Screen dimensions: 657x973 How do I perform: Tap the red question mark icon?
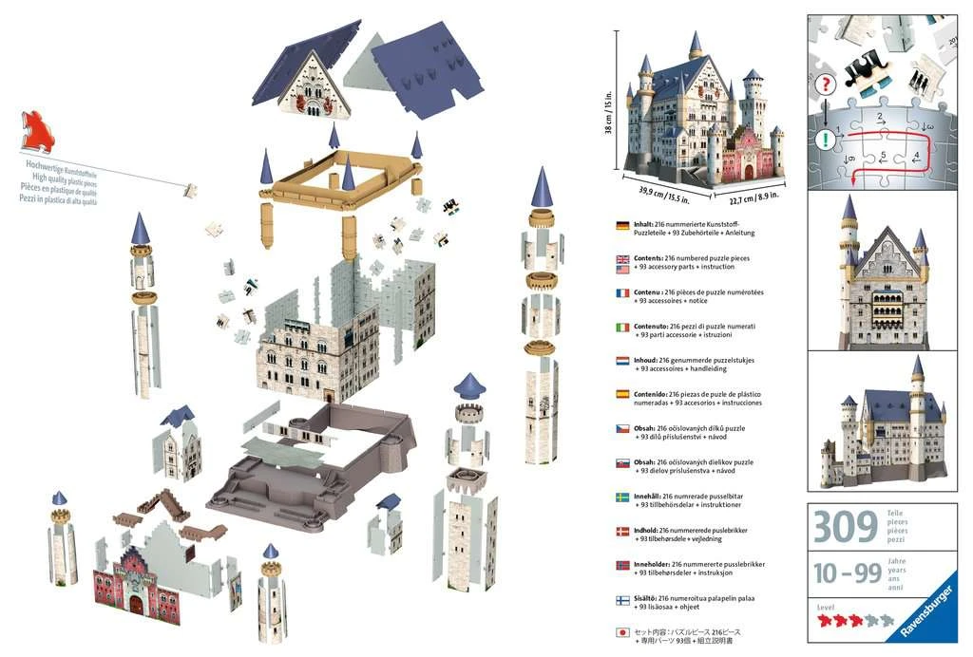828,84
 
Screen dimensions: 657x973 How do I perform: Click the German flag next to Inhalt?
622,226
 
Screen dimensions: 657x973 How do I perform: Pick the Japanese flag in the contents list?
622,633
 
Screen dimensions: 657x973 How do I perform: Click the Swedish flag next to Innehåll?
622,497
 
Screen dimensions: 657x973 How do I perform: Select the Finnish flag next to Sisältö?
622,599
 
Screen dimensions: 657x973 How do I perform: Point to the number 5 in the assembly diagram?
883,155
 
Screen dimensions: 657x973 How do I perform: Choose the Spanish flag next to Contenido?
622,395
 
